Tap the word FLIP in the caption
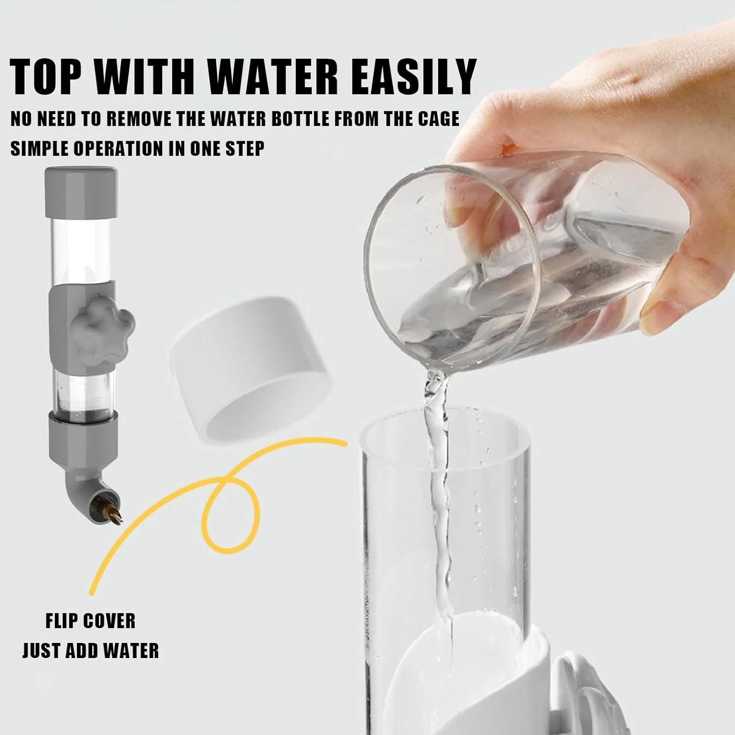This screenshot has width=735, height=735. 59,621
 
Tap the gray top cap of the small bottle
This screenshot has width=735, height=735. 81,192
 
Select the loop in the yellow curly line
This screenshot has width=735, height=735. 230,512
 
